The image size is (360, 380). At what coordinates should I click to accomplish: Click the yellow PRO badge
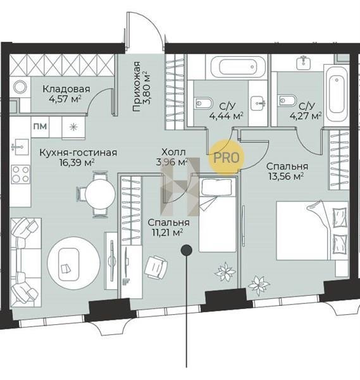tap(227, 157)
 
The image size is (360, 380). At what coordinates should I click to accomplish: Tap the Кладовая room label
tap(66, 89)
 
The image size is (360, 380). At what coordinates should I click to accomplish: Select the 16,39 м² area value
tap(77, 163)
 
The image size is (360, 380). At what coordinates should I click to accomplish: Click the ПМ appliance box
tap(40, 127)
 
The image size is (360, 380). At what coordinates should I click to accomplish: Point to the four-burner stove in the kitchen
tap(21, 175)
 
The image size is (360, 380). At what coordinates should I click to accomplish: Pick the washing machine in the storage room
tap(20, 87)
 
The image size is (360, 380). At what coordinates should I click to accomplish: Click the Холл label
tap(173, 152)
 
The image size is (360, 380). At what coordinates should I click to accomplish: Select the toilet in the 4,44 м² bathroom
tap(203, 103)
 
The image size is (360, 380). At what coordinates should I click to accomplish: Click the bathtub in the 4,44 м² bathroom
tap(238, 66)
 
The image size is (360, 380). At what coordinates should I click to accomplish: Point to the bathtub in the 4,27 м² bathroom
tap(337, 94)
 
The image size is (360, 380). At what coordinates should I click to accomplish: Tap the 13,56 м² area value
tap(286, 176)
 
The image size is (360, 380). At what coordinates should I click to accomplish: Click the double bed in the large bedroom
tap(313, 231)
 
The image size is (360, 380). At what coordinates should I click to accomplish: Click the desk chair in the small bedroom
tap(156, 267)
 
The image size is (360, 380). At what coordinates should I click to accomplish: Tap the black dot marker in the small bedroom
tap(187, 250)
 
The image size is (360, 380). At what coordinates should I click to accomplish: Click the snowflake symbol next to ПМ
tap(73, 127)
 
